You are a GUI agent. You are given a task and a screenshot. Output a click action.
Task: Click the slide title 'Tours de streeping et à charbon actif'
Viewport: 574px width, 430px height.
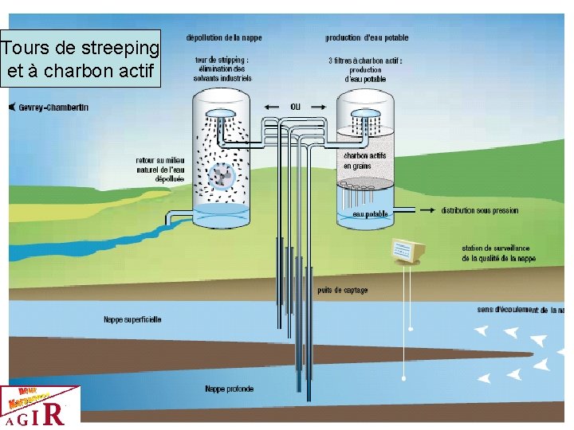tap(81, 59)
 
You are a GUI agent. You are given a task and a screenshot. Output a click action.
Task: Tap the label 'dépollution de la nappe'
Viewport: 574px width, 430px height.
tap(224, 38)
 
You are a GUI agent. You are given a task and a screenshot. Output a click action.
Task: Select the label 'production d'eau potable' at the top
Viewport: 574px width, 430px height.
tap(367, 38)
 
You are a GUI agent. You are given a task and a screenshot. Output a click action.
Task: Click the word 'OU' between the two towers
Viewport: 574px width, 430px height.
tap(296, 107)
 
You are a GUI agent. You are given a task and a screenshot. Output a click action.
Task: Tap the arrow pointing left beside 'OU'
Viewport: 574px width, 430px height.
tap(273, 107)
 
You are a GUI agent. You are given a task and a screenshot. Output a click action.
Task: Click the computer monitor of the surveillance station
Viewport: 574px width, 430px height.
tap(407, 251)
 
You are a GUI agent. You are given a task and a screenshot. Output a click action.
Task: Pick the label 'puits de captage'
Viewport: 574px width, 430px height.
tap(343, 291)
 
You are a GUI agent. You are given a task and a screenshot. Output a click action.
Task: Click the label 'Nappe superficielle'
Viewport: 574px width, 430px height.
tap(132, 319)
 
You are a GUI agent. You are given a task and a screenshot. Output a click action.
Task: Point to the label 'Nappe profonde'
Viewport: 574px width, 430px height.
tap(230, 389)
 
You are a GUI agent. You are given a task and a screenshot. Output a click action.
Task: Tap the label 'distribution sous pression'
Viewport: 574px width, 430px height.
tap(480, 211)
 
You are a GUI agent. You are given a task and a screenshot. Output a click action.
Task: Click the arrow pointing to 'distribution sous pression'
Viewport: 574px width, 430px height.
tap(415, 211)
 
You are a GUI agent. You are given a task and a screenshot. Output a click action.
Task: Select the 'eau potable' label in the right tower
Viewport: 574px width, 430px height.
tap(370, 214)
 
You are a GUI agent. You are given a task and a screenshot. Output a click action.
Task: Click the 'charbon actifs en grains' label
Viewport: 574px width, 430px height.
tap(365, 161)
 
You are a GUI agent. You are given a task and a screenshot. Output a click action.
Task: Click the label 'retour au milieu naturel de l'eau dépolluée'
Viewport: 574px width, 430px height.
tap(160, 170)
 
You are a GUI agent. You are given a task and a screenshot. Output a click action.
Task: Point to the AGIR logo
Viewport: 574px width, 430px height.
tap(40, 407)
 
